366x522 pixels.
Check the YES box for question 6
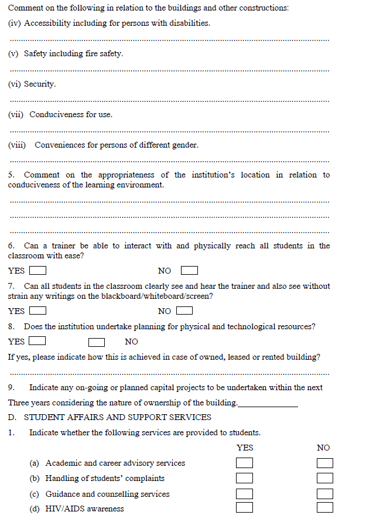point(38,271)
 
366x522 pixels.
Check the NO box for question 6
point(189,271)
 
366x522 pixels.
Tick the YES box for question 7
point(38,311)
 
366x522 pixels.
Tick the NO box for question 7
point(184,311)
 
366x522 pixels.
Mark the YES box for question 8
point(37,341)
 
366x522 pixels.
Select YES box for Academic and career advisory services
point(245,463)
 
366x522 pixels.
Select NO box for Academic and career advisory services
point(325,463)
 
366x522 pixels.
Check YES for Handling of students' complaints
point(245,478)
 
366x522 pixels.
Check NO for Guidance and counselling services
point(325,494)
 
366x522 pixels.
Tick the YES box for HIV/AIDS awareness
point(245,507)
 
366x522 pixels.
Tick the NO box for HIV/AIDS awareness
point(325,507)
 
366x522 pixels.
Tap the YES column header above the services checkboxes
point(245,448)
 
